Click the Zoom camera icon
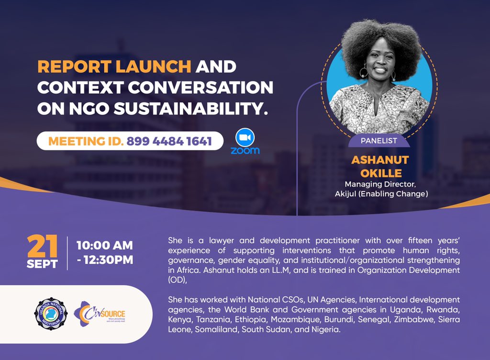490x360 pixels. point(245,137)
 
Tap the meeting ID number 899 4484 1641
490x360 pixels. point(169,141)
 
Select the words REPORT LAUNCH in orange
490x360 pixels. point(114,67)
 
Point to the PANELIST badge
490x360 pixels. point(379,141)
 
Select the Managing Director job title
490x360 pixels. point(381,184)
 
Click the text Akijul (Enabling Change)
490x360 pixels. point(381,194)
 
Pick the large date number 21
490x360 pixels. point(43,246)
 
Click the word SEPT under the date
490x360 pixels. point(43,264)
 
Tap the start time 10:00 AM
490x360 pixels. point(105,246)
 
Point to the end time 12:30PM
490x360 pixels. point(108,260)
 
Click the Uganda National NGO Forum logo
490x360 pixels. point(50,314)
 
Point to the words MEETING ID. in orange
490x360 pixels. point(85,141)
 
